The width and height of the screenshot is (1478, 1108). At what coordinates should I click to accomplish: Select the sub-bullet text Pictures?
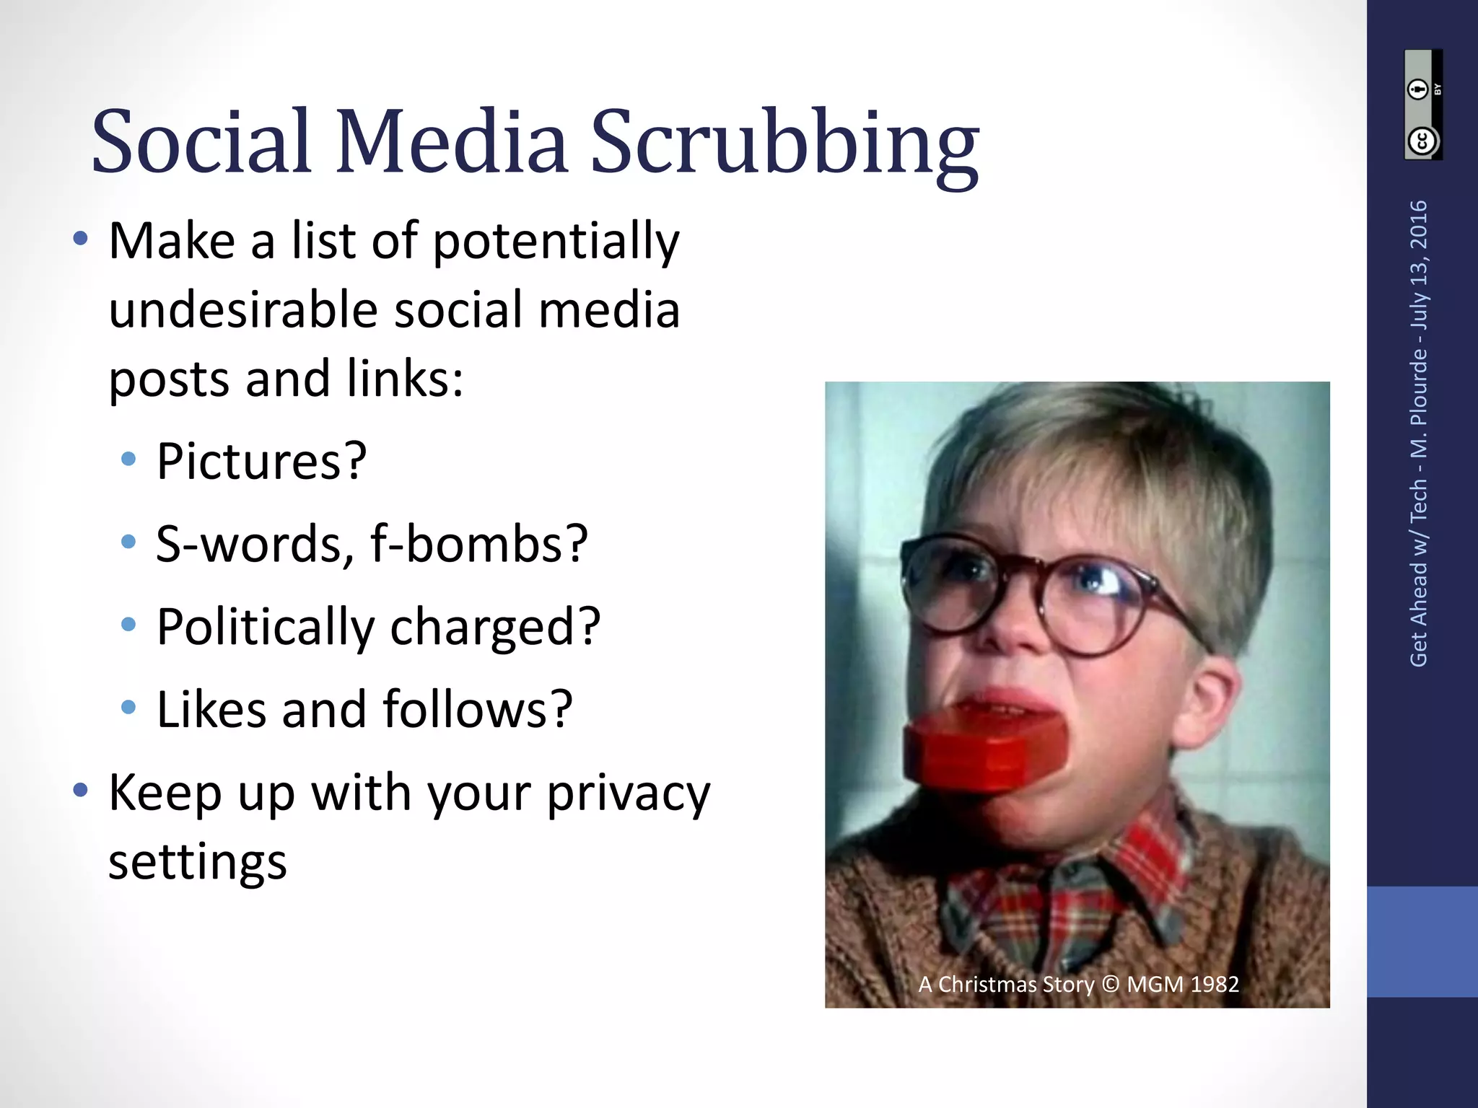pos(262,461)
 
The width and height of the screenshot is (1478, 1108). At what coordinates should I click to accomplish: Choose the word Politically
pos(266,627)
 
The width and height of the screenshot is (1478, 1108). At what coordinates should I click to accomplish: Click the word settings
pos(198,862)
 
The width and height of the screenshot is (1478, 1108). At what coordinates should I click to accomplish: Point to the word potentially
pos(556,242)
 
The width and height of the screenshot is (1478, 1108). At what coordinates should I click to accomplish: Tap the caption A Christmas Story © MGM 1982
pos(1078,984)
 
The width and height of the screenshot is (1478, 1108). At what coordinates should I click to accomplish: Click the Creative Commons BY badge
pos(1422,105)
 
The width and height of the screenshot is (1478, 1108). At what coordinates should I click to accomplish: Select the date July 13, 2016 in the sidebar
pos(1419,264)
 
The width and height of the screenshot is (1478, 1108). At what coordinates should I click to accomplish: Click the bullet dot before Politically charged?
pos(128,625)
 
